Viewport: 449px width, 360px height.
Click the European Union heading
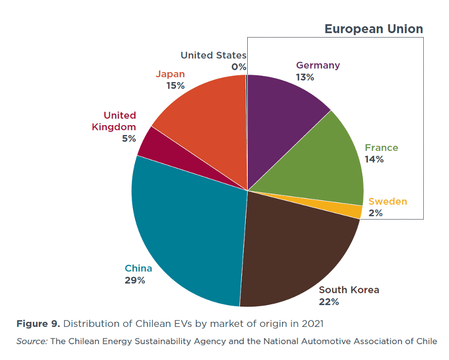click(373, 29)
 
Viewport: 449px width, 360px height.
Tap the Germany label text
click(318, 65)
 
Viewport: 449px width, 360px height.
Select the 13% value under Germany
click(305, 77)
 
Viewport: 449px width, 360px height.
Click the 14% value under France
click(374, 159)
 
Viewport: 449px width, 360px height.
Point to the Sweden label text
click(388, 201)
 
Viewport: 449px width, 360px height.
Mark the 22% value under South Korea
click(329, 302)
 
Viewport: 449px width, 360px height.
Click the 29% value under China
click(135, 280)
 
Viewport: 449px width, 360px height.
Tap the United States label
click(213, 55)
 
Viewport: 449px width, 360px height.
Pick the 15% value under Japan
click(176, 86)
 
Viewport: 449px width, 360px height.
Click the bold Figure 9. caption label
click(39, 324)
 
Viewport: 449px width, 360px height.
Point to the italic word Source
click(31, 341)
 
